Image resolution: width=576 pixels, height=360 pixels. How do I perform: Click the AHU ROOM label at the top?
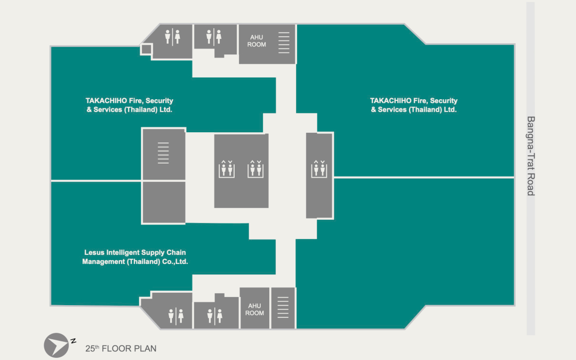click(x=257, y=41)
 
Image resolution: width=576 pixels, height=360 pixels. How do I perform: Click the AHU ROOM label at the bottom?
click(x=254, y=309)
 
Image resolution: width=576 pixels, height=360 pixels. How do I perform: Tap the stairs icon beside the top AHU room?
click(x=284, y=43)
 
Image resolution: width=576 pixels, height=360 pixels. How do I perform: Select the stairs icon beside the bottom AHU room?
click(x=283, y=309)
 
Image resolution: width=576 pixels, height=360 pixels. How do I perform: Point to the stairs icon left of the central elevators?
click(x=163, y=153)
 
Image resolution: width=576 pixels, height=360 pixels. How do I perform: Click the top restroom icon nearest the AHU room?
click(x=213, y=37)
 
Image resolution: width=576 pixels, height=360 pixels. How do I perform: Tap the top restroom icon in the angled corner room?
click(x=172, y=37)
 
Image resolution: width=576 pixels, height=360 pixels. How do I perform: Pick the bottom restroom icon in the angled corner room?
click(x=175, y=315)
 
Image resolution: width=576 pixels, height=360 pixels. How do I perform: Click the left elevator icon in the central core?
click(x=227, y=169)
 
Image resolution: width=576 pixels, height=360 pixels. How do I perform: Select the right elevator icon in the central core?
click(x=255, y=169)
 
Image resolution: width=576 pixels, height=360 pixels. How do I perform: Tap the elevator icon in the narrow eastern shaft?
click(x=319, y=169)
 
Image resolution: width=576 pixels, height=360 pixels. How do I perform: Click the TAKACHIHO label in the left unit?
click(x=130, y=105)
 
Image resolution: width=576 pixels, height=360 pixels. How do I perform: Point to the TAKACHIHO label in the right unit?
click(x=414, y=105)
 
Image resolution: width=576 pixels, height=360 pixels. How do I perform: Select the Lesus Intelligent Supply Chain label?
click(x=135, y=257)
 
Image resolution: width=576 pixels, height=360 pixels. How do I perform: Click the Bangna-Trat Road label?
click(x=530, y=156)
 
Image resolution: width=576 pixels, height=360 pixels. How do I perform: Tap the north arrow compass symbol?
click(x=57, y=345)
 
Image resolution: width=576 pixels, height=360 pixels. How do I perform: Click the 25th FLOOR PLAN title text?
click(x=121, y=349)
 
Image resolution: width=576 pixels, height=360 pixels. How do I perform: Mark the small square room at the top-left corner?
click(x=146, y=50)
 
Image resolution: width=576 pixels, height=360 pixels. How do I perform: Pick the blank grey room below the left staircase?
click(x=164, y=202)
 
